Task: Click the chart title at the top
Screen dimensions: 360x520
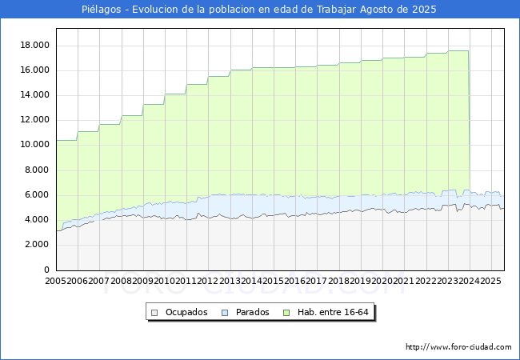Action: pyautogui.click(x=259, y=9)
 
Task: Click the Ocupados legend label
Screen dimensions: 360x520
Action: pyautogui.click(x=186, y=312)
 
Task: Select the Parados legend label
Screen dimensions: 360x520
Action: pyautogui.click(x=253, y=312)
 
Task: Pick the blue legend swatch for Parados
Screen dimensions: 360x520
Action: pyautogui.click(x=225, y=312)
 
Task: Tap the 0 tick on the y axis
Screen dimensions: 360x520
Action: pyautogui.click(x=47, y=270)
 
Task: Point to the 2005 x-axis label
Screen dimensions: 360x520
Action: pyautogui.click(x=56, y=282)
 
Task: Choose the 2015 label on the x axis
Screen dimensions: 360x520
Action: pyautogui.click(x=274, y=282)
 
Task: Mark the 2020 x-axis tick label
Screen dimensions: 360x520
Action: pyautogui.click(x=382, y=282)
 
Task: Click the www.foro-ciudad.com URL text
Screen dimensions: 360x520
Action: pyautogui.click(x=458, y=347)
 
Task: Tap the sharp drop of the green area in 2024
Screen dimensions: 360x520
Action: pyautogui.click(x=470, y=120)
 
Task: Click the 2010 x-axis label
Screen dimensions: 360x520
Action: pyautogui.click(x=165, y=282)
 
